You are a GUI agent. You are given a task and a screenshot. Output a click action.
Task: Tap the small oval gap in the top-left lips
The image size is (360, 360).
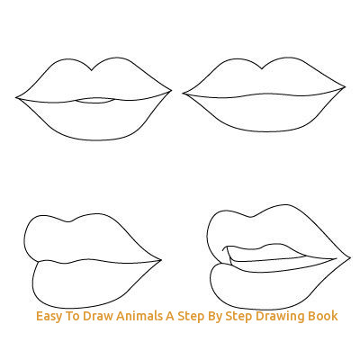pyautogui.click(x=94, y=101)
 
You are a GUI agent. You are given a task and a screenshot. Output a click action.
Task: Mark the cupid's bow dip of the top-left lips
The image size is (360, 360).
pyautogui.click(x=92, y=70)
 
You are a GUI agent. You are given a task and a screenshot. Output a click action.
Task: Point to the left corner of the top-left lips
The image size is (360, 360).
pyautogui.click(x=16, y=97)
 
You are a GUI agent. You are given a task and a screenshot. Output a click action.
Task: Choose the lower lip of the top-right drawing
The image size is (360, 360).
pyautogui.click(x=265, y=113)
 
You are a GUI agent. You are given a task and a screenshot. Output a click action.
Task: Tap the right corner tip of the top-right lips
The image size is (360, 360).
pyautogui.click(x=345, y=87)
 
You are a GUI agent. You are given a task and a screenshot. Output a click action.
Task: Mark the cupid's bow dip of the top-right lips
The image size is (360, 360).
pyautogui.click(x=262, y=68)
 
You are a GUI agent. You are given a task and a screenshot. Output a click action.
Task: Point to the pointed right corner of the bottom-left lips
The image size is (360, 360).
pyautogui.click(x=161, y=260)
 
